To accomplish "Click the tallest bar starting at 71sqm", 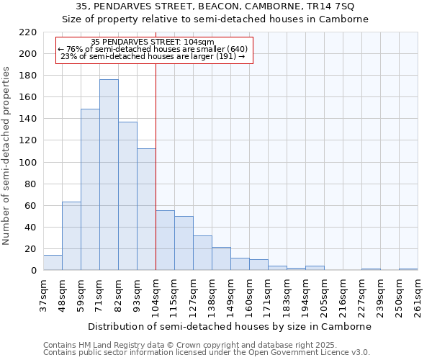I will (109, 175).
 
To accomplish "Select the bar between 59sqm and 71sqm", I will (90, 189).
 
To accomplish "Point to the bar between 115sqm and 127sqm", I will (184, 243).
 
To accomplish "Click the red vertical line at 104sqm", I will (156, 166).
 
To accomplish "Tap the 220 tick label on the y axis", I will (28, 32).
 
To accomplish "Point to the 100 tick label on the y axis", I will (28, 163).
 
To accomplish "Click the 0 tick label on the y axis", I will (34, 271).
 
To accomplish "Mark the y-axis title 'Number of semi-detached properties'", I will (7, 156).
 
